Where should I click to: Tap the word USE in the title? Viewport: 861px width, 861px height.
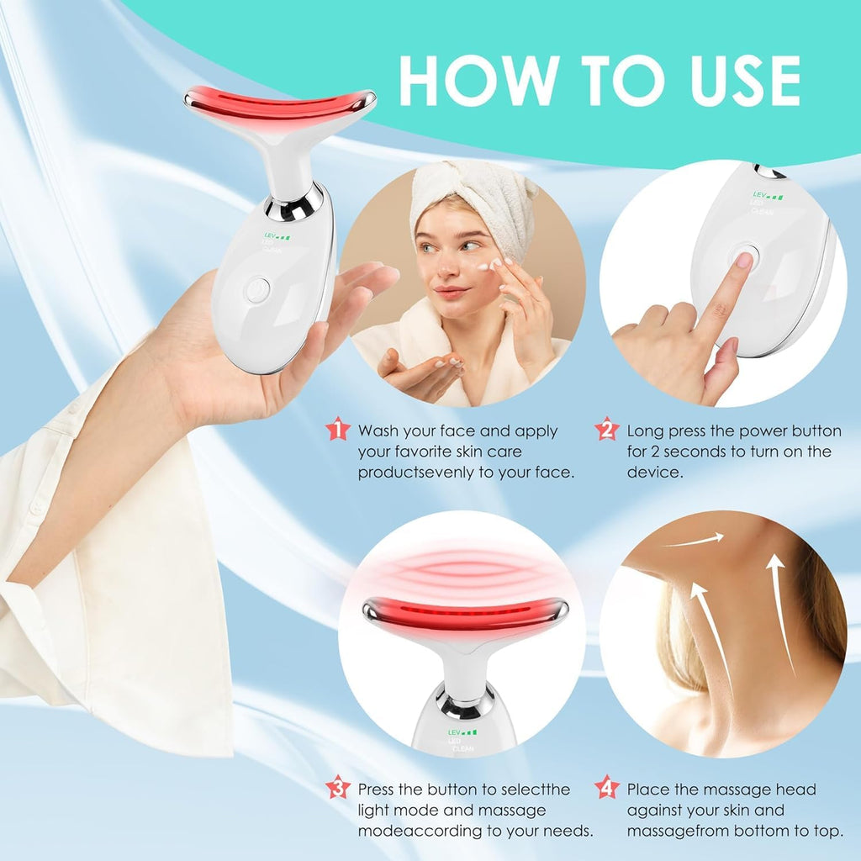point(723,81)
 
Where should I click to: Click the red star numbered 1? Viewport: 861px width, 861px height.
point(337,430)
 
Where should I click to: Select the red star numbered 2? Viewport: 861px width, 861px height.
point(606,430)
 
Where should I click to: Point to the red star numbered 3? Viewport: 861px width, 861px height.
point(337,788)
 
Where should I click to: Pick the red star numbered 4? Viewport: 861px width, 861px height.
point(606,788)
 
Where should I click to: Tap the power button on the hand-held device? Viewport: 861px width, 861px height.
point(258,289)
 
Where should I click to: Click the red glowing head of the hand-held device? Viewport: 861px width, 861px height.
point(278,103)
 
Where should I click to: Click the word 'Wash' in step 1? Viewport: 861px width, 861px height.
point(378,431)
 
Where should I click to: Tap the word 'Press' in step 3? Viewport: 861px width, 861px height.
point(378,790)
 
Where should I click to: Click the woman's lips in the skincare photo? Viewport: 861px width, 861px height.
point(452,293)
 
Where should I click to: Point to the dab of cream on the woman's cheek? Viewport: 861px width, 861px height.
point(484,267)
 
